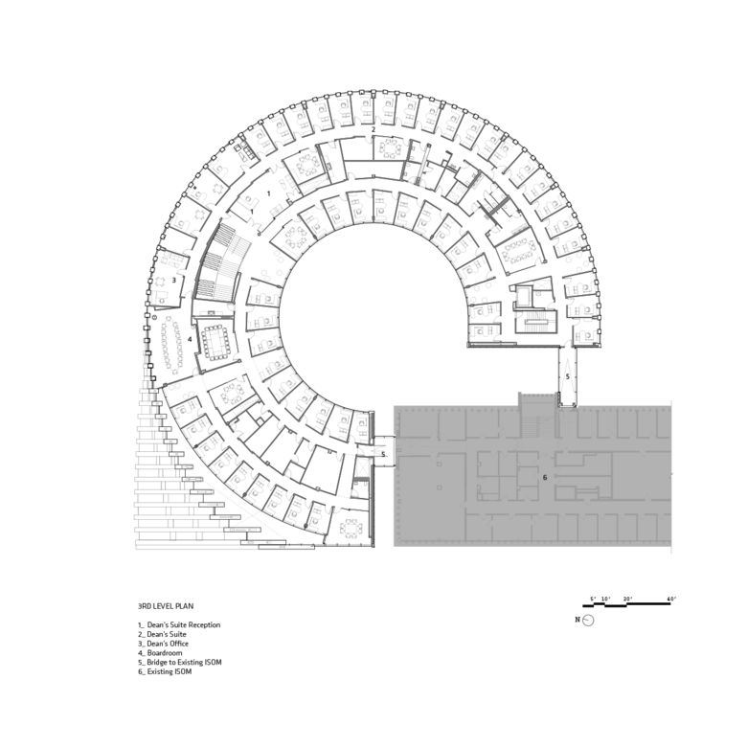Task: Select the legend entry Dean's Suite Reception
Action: click(x=180, y=625)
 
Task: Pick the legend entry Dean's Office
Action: click(x=163, y=644)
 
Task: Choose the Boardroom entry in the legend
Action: click(x=160, y=653)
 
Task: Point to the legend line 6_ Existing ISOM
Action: click(x=165, y=671)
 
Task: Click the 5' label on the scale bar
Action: click(x=594, y=599)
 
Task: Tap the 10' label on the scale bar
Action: click(x=606, y=599)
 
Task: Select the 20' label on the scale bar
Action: click(x=628, y=599)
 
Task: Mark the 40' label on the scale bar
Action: click(x=672, y=599)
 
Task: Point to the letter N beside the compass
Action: click(x=577, y=620)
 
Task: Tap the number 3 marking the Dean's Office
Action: click(x=173, y=280)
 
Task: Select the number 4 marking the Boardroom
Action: click(x=191, y=339)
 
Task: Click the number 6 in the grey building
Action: click(x=544, y=476)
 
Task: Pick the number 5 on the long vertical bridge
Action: click(x=567, y=378)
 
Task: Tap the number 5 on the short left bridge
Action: click(x=383, y=454)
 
